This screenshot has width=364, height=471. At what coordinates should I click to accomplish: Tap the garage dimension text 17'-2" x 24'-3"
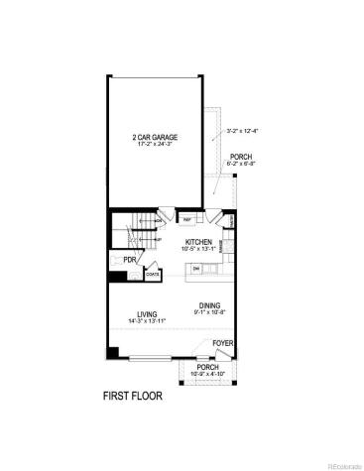[x=161, y=144]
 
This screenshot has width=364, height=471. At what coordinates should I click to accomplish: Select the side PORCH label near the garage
[x=241, y=156]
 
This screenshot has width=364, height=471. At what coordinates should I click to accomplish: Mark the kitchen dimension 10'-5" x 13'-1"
[x=199, y=248]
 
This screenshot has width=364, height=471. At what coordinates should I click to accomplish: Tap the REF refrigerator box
[x=186, y=219]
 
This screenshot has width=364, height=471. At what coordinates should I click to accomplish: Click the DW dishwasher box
[x=197, y=268]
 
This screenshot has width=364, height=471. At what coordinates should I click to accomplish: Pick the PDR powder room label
[x=129, y=260]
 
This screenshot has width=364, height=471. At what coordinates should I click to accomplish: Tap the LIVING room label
[x=147, y=314]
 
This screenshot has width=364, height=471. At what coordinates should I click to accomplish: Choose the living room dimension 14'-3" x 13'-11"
[x=147, y=322]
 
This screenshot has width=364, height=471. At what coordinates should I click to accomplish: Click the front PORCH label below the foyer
[x=207, y=367]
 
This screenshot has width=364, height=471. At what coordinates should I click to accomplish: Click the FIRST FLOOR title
[x=133, y=396]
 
